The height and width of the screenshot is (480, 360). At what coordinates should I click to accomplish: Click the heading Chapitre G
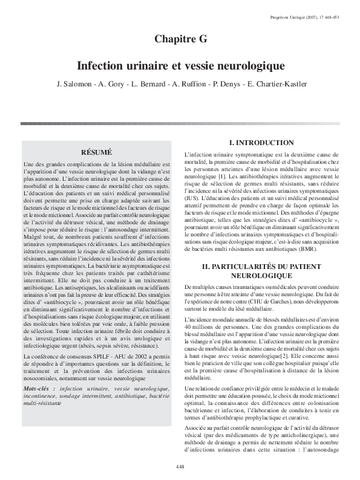coord(180,40)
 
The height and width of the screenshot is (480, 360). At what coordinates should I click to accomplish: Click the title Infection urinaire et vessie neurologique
coord(180,64)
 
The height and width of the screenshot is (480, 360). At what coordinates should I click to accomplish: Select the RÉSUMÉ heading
coord(97,153)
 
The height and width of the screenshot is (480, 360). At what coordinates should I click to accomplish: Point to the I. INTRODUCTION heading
coord(256,143)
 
